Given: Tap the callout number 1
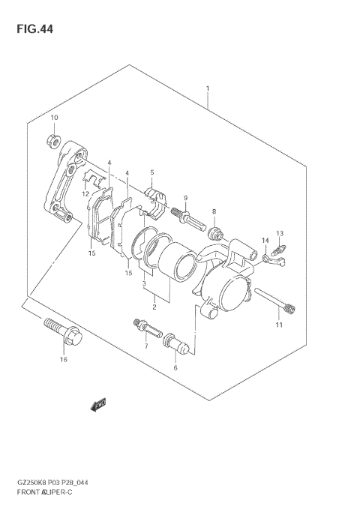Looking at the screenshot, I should pyautogui.click(x=207, y=89).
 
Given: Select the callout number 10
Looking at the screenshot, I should pyautogui.click(x=54, y=118).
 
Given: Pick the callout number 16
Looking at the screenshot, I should pyautogui.click(x=63, y=360).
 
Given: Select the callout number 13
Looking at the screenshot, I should pyautogui.click(x=279, y=233).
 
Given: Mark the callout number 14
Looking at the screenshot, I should pyautogui.click(x=265, y=240).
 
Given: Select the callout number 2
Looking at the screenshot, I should pyautogui.click(x=154, y=306).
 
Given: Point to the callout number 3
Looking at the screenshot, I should pyautogui.click(x=145, y=284).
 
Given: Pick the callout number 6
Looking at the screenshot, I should pyautogui.click(x=175, y=368).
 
